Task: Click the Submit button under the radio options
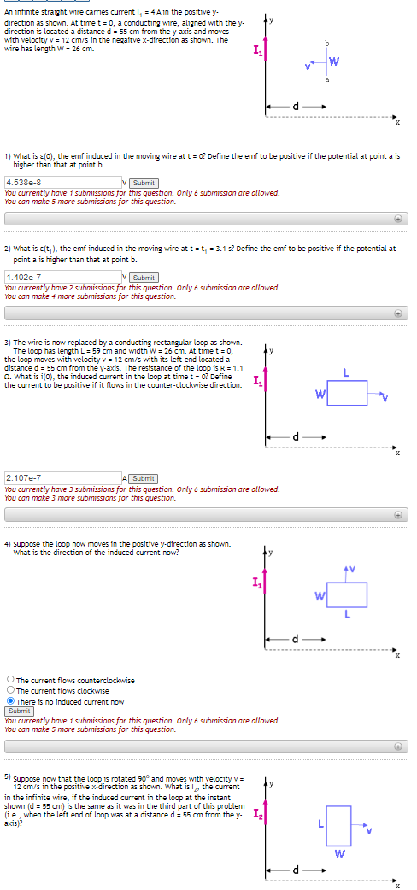pos(19,711)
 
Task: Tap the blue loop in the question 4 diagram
pos(347,594)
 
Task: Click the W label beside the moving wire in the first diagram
pos(335,61)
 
